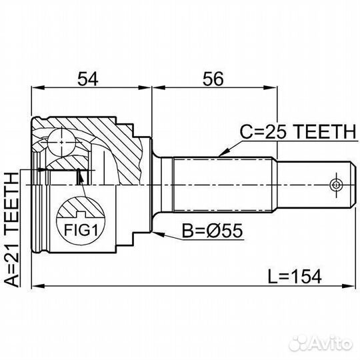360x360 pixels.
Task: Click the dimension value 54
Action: pos(88,79)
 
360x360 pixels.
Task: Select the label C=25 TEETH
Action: pos(297,132)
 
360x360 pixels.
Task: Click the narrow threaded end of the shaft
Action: pos(313,183)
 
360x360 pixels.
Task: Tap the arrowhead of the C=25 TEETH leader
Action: pos(219,154)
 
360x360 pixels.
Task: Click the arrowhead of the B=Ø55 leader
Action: pos(155,233)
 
